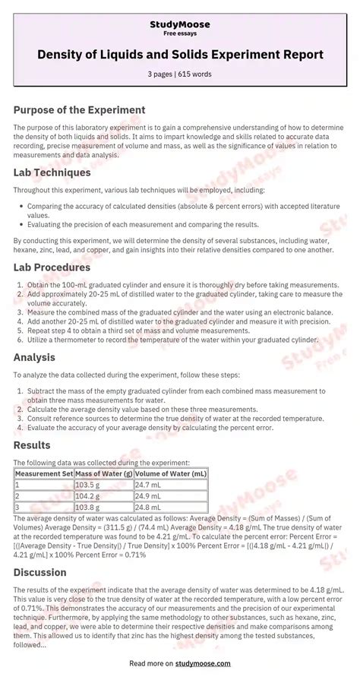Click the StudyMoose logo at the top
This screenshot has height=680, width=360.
180,24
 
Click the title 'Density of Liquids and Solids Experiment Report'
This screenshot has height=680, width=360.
180,55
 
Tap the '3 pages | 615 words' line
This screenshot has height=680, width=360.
180,74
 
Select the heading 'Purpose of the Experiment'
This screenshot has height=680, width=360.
79,110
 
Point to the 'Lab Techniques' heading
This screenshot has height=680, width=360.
52,172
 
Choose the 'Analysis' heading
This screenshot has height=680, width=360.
34,357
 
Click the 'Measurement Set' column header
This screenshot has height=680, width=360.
43,473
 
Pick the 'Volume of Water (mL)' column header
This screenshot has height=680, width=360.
171,473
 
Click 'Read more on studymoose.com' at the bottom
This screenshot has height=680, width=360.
180,663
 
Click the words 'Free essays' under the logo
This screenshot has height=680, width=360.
180,34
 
